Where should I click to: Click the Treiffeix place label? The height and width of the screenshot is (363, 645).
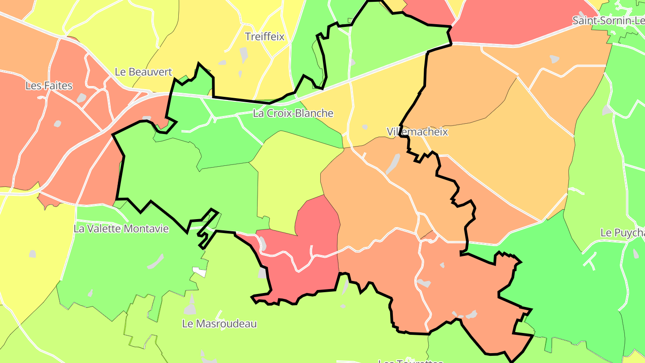pyautogui.click(x=265, y=37)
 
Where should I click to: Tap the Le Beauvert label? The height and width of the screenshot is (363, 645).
pyautogui.click(x=143, y=72)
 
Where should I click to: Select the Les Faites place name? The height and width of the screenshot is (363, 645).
pyautogui.click(x=49, y=86)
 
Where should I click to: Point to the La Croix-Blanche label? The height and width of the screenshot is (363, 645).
pyautogui.click(x=293, y=113)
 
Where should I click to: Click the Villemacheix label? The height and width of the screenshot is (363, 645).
pyautogui.click(x=417, y=132)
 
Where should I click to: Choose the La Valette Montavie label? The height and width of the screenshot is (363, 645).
pyautogui.click(x=121, y=229)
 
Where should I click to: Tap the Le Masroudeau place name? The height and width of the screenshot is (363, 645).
pyautogui.click(x=219, y=324)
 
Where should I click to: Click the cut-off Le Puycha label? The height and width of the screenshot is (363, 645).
pyautogui.click(x=622, y=233)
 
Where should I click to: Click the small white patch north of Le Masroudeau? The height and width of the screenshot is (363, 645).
pyautogui.click(x=199, y=272)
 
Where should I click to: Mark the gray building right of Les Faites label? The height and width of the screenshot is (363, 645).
pyautogui.click(x=81, y=98)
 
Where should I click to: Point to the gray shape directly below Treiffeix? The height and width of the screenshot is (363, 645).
pyautogui.click(x=243, y=55)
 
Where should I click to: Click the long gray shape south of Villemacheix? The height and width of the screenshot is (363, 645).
pyautogui.click(x=393, y=164)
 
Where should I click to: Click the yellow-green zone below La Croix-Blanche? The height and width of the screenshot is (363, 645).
pyautogui.click(x=291, y=179)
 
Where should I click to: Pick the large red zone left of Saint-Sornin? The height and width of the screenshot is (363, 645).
pyautogui.click(x=515, y=22)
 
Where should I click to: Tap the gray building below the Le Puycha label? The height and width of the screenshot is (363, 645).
pyautogui.click(x=636, y=254)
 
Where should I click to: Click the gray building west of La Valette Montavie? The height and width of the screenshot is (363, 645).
pyautogui.click(x=32, y=254)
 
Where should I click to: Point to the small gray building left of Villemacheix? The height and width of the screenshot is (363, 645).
pyautogui.click(x=365, y=127)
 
